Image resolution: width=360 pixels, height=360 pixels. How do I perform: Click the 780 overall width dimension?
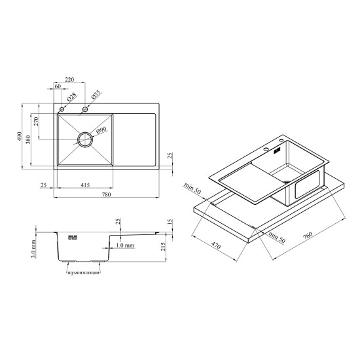[x=106, y=194]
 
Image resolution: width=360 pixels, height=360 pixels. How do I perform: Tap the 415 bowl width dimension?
[x=85, y=185]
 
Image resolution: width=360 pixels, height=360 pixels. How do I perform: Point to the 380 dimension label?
[x=28, y=139]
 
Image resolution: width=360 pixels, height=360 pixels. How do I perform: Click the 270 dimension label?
[x=36, y=121]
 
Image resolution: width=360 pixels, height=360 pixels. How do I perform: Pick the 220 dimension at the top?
[x=69, y=79]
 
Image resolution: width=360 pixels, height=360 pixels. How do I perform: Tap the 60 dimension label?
[x=58, y=86]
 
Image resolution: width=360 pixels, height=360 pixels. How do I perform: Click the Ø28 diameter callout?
[x=72, y=98]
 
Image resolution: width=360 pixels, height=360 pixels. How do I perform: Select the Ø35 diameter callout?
[x=96, y=95]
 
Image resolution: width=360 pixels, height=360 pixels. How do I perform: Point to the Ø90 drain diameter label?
[x=101, y=130]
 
